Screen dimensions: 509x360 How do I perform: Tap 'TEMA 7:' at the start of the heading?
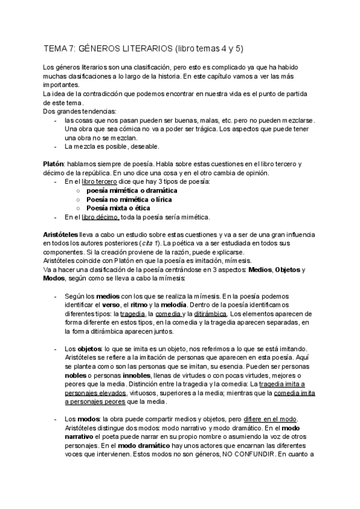[59, 47]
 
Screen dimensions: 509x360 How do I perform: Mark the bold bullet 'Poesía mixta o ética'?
[119, 208]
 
